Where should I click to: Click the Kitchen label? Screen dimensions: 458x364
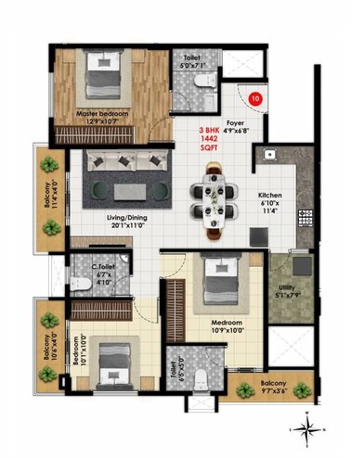coord(272,202)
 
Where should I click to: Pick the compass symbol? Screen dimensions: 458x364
coord(305,427)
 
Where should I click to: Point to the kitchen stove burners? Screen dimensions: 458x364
coord(304,219)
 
